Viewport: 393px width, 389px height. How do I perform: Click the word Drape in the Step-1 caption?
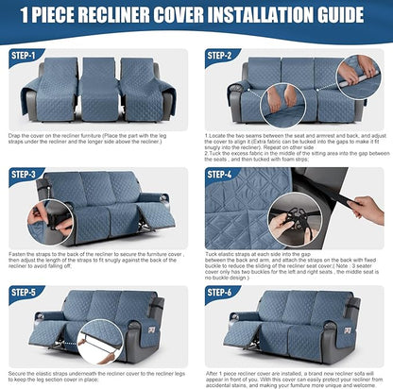tap(17, 136)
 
